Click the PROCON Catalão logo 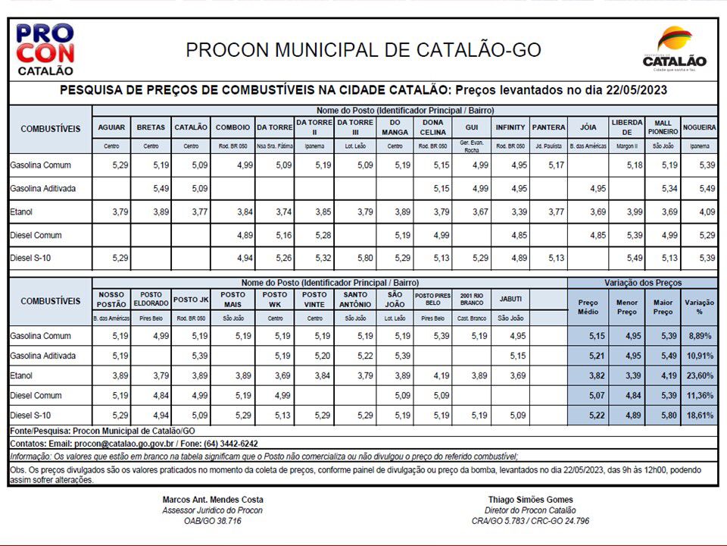coord(45,49)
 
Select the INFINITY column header coord(510,127)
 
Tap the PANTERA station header coord(548,127)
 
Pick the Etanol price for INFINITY coord(510,212)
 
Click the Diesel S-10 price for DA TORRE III coord(354,259)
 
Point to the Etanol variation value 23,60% coord(700,375)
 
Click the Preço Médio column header coord(588,306)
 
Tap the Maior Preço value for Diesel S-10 coord(663,416)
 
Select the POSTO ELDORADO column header coord(151,299)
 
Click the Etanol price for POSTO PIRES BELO coord(433,375)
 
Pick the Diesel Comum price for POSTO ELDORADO coord(151,395)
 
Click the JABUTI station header coord(510,299)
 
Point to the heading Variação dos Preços coord(643,283)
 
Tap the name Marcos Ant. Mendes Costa coord(213,500)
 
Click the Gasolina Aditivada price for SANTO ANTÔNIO coord(354,356)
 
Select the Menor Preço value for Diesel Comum coord(626,395)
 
